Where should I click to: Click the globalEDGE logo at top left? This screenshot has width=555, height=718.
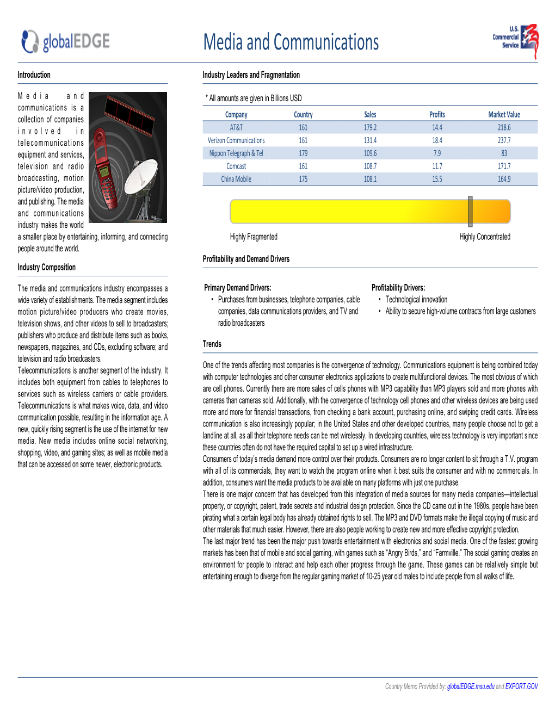[x=66, y=41]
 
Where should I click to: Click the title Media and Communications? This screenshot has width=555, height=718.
[x=291, y=42]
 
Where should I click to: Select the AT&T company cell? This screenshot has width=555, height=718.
[x=236, y=127]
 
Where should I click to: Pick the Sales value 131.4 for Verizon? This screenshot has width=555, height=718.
[x=370, y=140]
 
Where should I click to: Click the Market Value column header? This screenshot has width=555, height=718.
[x=504, y=115]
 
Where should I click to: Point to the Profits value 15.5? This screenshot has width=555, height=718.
[x=437, y=179]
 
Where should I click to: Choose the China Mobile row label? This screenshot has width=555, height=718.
[x=236, y=179]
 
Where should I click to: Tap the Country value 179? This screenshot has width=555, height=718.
[x=303, y=153]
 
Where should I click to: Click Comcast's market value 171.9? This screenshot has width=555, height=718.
[x=504, y=166]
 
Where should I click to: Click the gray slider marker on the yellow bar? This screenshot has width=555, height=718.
[x=470, y=211]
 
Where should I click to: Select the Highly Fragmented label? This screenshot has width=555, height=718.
[x=254, y=237]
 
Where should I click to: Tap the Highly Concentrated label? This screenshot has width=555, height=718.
[x=485, y=237]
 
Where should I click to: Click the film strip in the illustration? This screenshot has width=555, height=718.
[x=129, y=114]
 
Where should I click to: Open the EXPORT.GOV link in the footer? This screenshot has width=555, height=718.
[x=521, y=686]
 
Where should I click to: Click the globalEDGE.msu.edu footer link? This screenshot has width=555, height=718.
[x=471, y=686]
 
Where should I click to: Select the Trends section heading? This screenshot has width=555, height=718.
[x=212, y=344]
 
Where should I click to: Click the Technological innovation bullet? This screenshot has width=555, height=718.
[x=416, y=300]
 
